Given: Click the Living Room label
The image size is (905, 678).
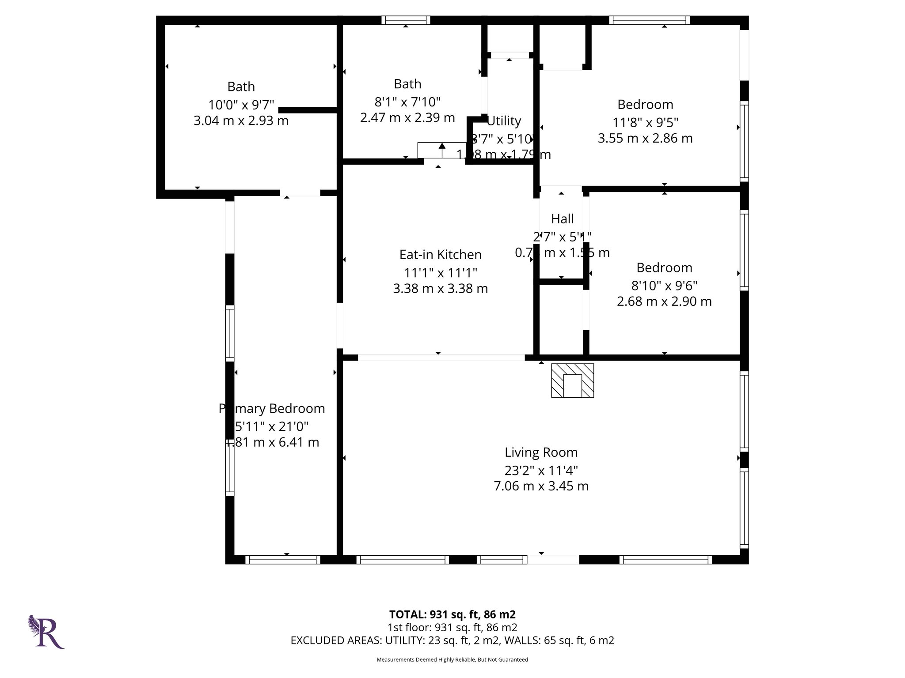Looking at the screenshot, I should tap(541, 452).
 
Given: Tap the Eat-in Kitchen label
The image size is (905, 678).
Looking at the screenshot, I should tap(440, 255).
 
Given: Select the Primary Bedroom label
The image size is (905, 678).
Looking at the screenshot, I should tap(272, 409).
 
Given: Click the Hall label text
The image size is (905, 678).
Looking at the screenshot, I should tap(562, 219).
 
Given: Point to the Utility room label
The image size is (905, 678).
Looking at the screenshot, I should tap(504, 121).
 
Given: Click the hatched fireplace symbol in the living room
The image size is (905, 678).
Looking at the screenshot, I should tap(572, 380).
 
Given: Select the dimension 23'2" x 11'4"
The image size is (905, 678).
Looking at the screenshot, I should tap(541, 470).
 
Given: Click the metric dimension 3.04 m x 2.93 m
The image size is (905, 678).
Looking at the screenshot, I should tap(241, 121).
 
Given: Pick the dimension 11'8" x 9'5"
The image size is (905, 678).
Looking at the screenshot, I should tap(645, 122).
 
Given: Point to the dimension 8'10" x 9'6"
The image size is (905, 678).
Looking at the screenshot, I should tap(664, 286).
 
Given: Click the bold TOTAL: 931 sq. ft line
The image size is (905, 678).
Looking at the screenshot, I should tap(452, 614).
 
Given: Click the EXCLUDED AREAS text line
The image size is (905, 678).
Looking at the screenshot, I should tap(452, 640).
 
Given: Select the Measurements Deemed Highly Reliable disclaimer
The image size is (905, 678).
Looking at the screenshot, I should tap(452, 659).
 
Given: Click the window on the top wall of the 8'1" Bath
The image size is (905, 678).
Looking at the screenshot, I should tap(406, 20).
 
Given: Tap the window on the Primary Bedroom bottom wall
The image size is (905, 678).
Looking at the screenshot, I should tap(282, 560).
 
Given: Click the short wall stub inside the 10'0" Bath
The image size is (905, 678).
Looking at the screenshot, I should tap(308, 110).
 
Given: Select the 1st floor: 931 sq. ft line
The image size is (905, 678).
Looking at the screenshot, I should tap(452, 627).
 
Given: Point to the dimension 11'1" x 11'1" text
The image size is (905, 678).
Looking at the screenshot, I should tap(440, 273).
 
